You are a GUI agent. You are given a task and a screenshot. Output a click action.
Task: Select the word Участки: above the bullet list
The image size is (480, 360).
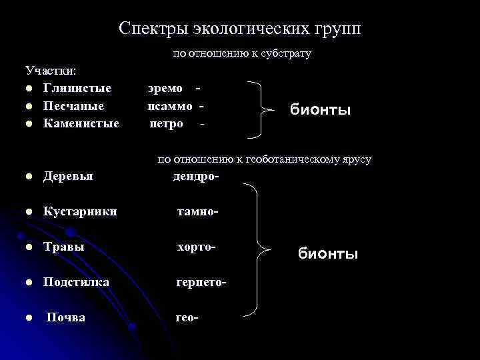pos(51,70)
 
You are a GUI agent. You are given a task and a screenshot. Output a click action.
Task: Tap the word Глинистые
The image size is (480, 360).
pos(77,87)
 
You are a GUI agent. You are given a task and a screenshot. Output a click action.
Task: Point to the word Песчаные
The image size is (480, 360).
pos(73,105)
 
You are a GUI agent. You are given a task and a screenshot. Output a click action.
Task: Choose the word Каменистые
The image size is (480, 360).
pos(81,123)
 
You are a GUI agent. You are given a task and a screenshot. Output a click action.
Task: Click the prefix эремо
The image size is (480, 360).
pos(165,87)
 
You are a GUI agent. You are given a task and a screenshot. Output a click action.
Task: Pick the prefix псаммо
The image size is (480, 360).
pos(170,105)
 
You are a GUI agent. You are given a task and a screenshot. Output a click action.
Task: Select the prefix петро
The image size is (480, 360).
pos(167,123)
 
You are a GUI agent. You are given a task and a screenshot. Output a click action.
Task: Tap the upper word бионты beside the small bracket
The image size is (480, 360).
pos(320,109)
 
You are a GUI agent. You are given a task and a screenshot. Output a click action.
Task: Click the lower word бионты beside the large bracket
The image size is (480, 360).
pos(328,254)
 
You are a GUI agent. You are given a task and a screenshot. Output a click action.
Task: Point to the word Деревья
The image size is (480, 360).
pos(68,177)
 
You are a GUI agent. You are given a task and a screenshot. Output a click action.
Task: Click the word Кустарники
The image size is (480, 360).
pos(80,212)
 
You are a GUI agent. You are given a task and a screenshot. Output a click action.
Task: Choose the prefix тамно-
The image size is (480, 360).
pos(198,212)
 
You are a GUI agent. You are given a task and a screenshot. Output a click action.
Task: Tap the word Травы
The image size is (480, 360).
pos(64,247)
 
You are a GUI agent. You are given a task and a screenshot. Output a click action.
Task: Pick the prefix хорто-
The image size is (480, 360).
pos(197,247)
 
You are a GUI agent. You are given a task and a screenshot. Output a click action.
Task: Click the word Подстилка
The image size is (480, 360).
pos(76,283)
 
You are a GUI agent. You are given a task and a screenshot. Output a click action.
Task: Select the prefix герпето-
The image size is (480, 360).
pos(201,283)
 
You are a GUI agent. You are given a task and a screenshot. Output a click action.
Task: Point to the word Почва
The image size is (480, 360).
pos(65,318)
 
